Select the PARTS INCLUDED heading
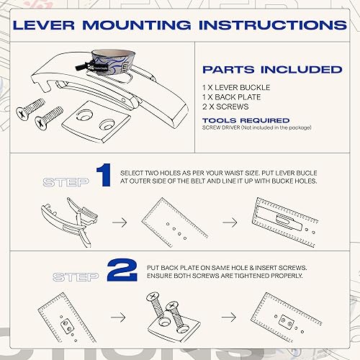click(271, 70)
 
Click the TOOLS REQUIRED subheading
click(246, 120)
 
